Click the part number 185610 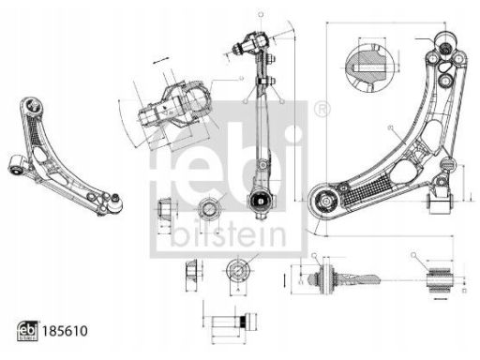[65, 331]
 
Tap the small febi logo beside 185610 [27, 331]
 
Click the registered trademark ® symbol [322, 110]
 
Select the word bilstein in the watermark [229, 234]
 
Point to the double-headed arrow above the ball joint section [161, 60]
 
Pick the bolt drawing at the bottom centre [234, 322]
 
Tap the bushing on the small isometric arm [17, 165]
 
